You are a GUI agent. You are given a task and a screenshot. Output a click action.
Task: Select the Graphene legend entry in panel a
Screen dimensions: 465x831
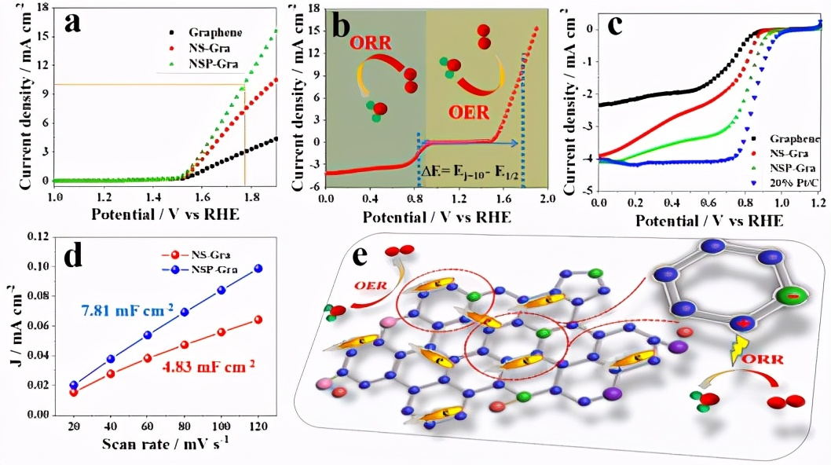(214, 32)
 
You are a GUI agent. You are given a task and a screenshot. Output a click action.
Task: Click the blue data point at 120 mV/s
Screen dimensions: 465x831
(258, 269)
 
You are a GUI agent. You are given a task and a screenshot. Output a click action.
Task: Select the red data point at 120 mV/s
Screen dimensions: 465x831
(258, 319)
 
